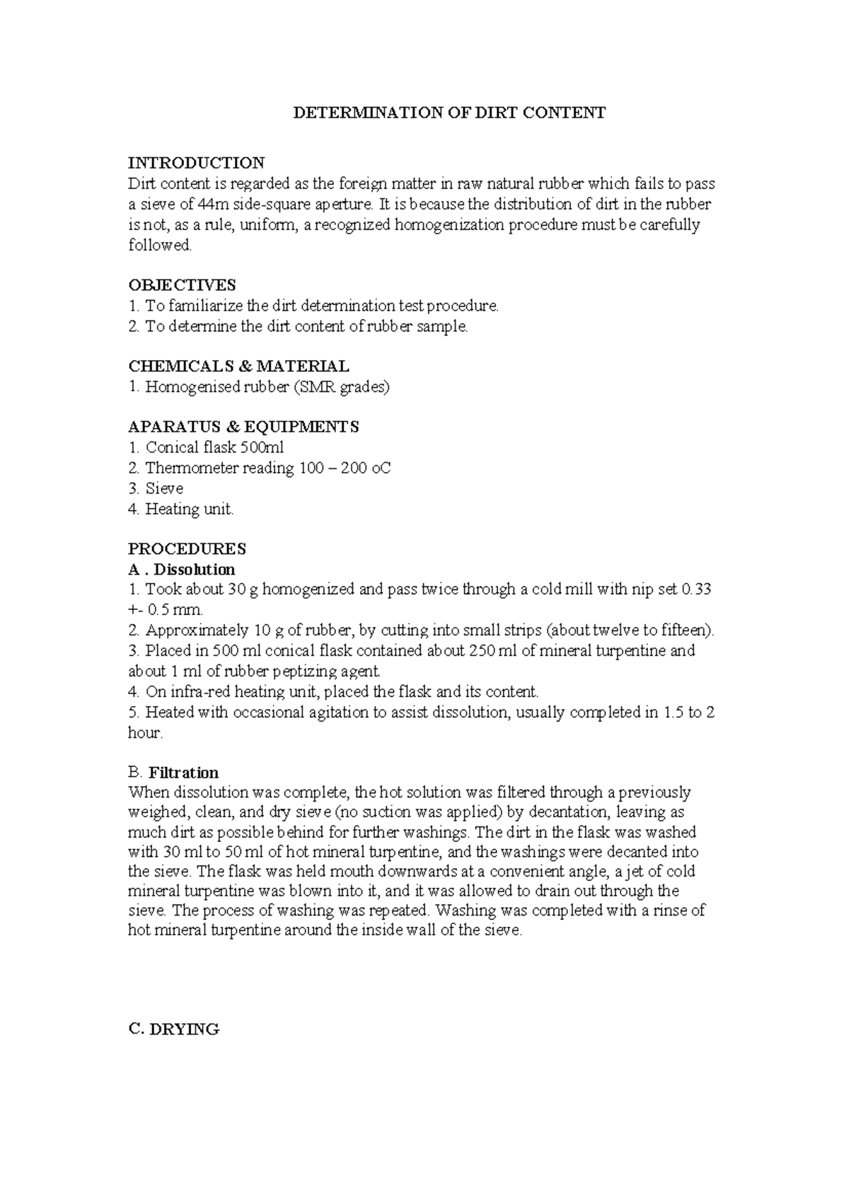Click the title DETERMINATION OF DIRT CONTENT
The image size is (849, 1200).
(450, 112)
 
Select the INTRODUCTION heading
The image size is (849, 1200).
(196, 163)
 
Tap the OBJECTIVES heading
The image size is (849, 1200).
(182, 285)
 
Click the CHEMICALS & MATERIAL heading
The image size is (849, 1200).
(238, 367)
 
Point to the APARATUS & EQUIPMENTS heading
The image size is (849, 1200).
(243, 427)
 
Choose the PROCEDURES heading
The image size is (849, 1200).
(187, 549)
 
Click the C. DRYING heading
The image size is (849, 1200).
(173, 1029)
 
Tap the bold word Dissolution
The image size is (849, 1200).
(195, 570)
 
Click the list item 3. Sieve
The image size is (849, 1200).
(156, 489)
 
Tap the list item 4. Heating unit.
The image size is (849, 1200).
(180, 509)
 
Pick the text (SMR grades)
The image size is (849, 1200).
(350, 387)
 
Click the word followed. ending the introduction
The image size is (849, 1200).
(160, 246)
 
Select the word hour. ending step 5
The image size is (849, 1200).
(145, 733)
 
